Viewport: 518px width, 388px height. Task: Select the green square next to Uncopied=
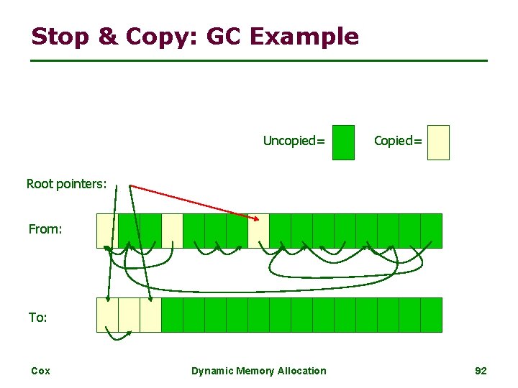click(344, 142)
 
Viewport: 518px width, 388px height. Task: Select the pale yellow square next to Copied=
click(438, 142)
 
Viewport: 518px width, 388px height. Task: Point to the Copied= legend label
click(398, 141)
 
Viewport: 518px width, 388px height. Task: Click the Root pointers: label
click(66, 184)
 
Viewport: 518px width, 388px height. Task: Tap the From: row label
click(45, 230)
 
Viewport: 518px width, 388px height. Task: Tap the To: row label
click(37, 317)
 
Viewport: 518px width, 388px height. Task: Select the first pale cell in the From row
click(106, 231)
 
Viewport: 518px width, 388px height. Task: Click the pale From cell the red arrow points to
click(258, 231)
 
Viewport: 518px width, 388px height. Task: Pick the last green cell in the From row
click(431, 231)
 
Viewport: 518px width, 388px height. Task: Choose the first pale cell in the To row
click(107, 315)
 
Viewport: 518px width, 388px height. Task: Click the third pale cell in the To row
click(150, 315)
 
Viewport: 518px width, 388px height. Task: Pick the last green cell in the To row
click(431, 315)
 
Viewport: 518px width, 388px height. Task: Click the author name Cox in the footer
click(40, 371)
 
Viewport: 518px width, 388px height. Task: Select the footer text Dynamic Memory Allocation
click(258, 371)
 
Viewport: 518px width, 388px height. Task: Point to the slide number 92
click(481, 371)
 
